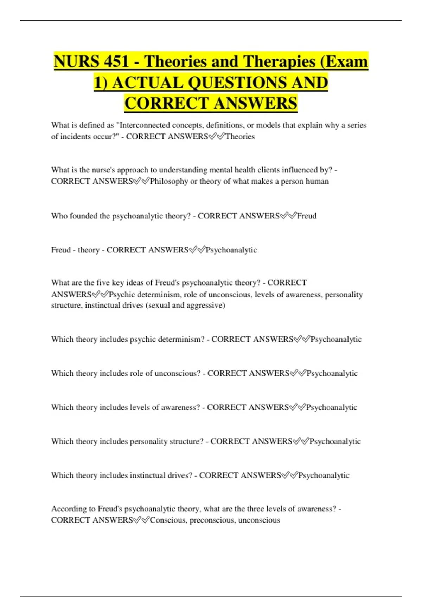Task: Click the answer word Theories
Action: coord(240,137)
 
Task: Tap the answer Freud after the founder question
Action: coord(307,216)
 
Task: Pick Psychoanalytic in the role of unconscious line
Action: coord(332,373)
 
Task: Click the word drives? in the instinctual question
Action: coord(180,475)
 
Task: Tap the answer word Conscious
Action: coord(167,520)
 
